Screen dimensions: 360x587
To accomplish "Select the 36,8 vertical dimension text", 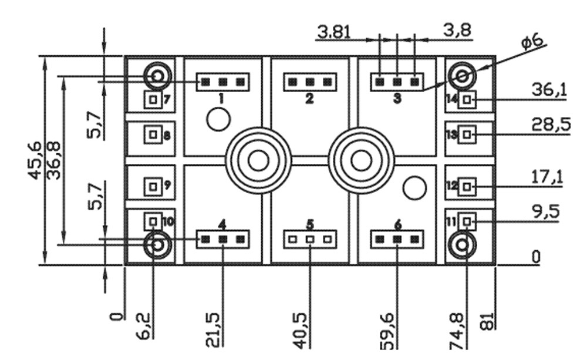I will (x=53, y=160).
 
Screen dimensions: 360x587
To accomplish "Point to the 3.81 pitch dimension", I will (x=333, y=32).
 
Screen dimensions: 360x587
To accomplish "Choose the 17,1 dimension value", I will (x=547, y=177).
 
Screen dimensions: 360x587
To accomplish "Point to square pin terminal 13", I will (x=467, y=134).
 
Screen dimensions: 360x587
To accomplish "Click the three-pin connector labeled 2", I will (x=310, y=82).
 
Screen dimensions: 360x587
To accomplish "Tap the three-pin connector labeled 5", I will (x=310, y=239).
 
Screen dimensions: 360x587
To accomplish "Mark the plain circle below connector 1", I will (x=218, y=120).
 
